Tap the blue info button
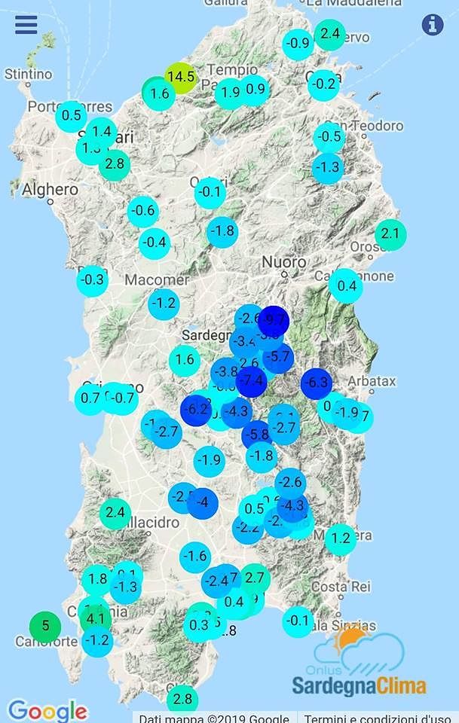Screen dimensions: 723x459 point(433,24)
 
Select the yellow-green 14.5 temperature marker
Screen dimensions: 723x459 point(181,77)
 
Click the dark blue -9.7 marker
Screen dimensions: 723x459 point(274,320)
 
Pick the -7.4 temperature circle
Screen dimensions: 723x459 point(252,381)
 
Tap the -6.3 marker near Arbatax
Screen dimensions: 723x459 point(317,383)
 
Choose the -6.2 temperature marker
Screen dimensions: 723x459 point(197,410)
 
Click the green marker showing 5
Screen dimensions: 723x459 point(45,625)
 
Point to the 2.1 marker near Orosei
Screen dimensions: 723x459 point(390,234)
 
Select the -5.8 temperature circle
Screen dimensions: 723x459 point(258,435)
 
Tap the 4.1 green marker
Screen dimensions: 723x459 point(96,619)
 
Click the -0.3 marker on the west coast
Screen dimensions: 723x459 point(93,280)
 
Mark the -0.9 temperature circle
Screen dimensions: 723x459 point(299,43)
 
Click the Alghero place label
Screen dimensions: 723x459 point(50,190)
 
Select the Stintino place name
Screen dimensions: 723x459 point(28,75)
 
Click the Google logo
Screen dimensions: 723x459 point(47,710)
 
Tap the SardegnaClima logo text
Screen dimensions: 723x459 point(359,686)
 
